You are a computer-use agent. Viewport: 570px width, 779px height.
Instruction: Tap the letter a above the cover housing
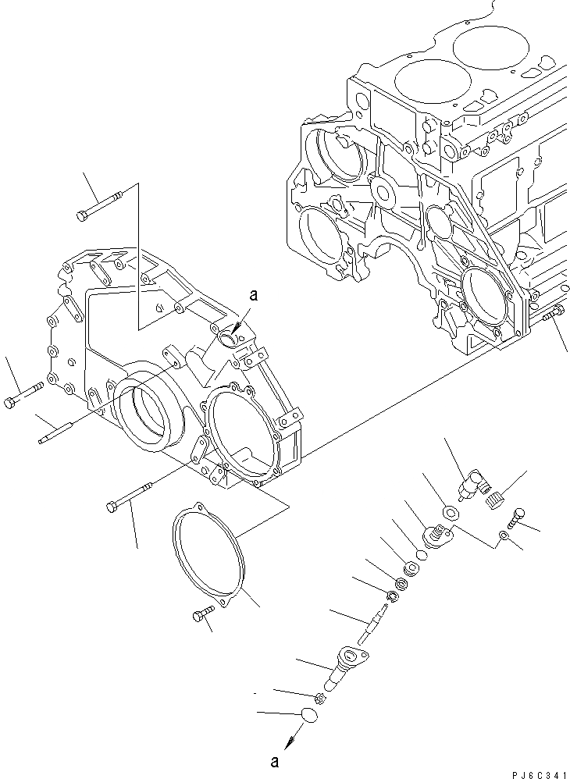coord(252,295)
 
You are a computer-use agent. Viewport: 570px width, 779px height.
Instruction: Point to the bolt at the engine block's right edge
coord(551,314)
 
